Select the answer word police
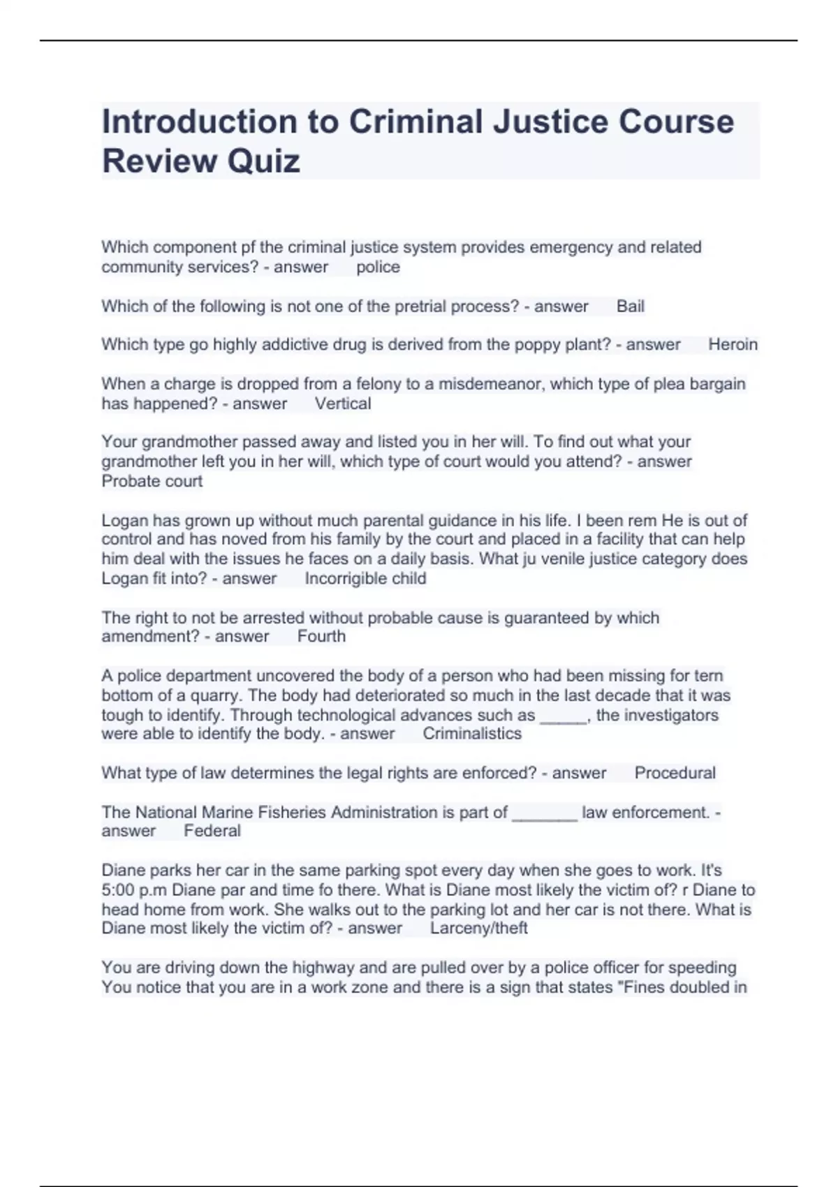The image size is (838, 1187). [378, 267]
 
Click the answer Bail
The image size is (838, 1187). [630, 307]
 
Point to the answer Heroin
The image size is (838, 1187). [733, 344]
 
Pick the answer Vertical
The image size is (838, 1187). [342, 404]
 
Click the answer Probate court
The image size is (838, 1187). [152, 481]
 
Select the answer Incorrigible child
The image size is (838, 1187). [365, 578]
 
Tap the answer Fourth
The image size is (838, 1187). [321, 636]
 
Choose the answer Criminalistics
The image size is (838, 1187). [472, 734]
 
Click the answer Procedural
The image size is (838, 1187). [675, 773]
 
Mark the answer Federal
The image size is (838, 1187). [212, 831]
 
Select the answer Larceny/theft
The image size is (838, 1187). [478, 928]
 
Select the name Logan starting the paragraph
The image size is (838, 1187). [125, 520]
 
